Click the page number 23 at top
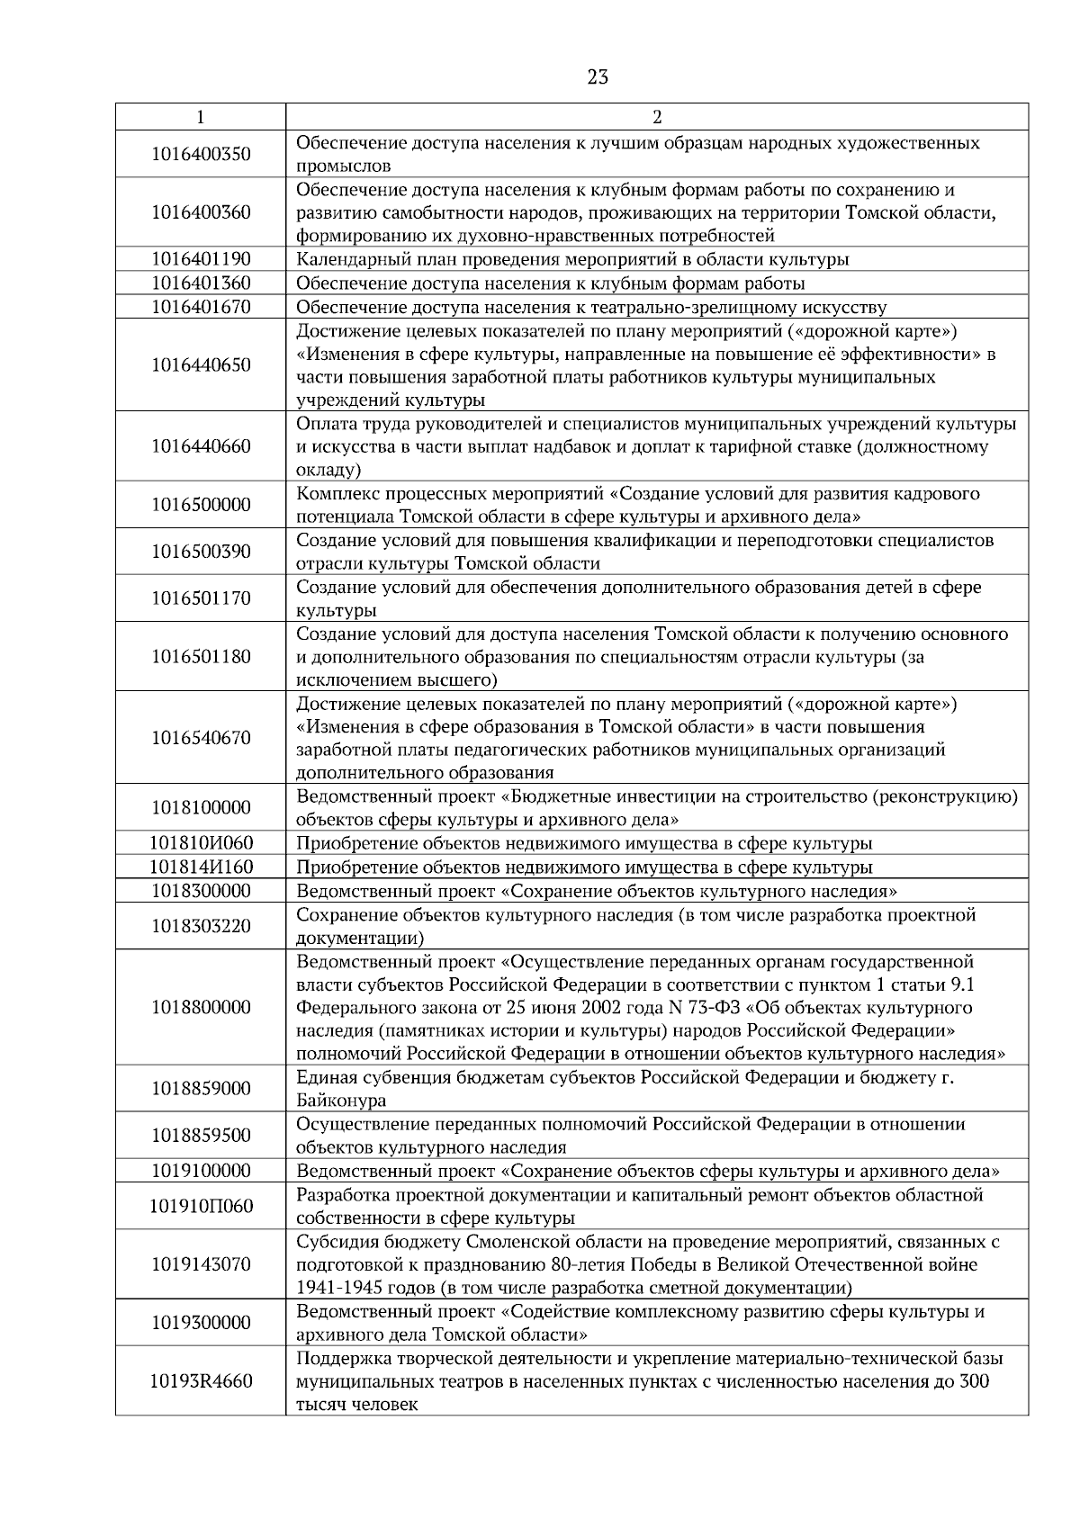click(598, 77)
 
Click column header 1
click(200, 117)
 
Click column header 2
click(656, 117)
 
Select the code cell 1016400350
click(201, 154)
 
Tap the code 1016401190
click(201, 259)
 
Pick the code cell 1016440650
click(201, 365)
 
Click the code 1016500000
click(201, 505)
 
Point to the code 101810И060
click(201, 843)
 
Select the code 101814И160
click(201, 867)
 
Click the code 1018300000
click(201, 891)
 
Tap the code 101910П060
click(201, 1206)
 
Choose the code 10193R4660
click(201, 1381)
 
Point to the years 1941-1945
click(337, 1288)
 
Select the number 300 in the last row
click(975, 1381)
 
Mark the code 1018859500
click(201, 1136)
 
